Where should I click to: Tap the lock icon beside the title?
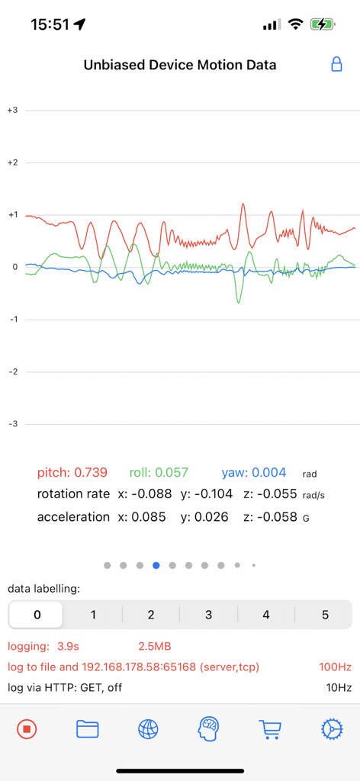336,65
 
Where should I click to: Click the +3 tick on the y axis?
12,111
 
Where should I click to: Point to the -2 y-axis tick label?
12,371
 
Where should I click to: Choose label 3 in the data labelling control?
208,615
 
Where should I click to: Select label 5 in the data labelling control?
324,615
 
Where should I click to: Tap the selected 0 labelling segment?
37,615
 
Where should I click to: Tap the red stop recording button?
27,729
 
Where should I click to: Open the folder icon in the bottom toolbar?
88,729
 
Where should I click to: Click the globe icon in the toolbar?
149,729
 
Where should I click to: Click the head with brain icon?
210,729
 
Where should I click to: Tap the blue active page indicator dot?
156,565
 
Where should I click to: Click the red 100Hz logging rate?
335,667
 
